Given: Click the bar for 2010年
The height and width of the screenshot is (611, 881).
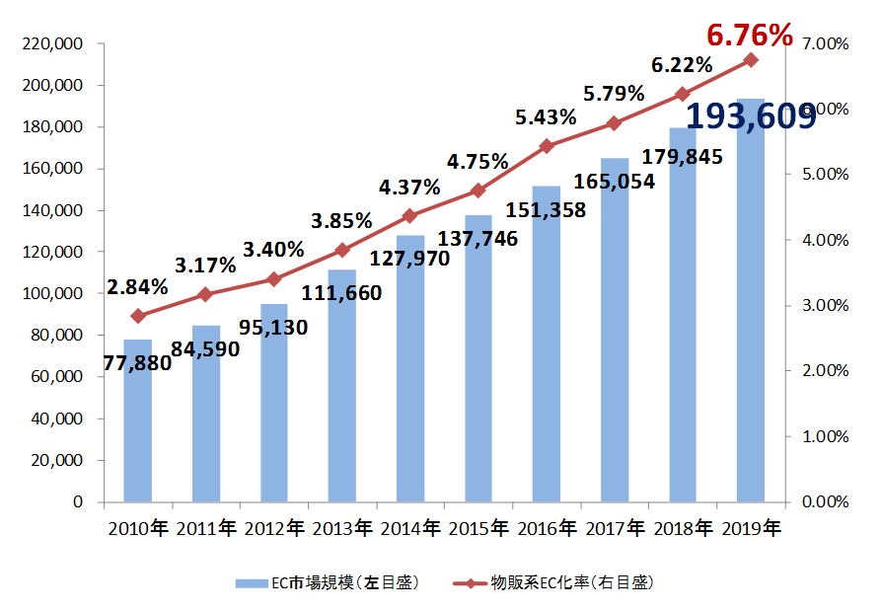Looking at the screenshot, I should coord(138,434).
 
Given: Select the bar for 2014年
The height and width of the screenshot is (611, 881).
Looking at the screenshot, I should coord(410,375).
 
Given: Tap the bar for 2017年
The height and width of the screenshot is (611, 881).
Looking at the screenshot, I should coord(615,336).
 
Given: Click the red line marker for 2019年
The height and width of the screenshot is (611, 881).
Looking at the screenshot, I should coord(751,60).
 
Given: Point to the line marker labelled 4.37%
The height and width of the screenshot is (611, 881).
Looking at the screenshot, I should coord(410,215).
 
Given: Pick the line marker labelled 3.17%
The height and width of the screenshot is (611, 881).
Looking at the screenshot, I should coord(206,294).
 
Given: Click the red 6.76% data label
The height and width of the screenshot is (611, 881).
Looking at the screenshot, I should coord(750,36).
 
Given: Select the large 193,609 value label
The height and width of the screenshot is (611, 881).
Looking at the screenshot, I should coord(751,116).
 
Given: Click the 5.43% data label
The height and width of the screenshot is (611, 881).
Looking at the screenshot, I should coord(546,117).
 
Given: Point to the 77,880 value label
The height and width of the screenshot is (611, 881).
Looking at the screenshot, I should coord(137,361).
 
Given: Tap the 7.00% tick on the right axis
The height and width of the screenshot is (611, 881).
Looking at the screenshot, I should coord(826,44).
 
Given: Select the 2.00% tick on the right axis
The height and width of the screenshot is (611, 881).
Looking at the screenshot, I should coord(826,371).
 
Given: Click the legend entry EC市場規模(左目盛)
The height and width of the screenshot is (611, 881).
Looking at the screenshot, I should coord(330,583).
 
